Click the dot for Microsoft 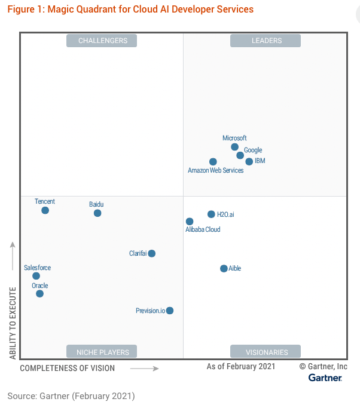tap(234, 147)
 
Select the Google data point tap(240, 155)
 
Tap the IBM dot tap(249, 161)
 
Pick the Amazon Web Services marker tap(213, 162)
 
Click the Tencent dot tap(45, 210)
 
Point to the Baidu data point tap(97, 213)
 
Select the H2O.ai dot tap(211, 214)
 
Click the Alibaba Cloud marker tap(190, 222)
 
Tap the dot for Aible tap(224, 269)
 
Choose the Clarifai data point tap(152, 253)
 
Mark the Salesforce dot tap(36, 276)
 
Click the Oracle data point tap(39, 293)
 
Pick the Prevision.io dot tap(170, 311)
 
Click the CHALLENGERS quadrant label tap(102, 41)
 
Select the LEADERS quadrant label tap(266, 41)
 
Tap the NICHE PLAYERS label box tap(102, 352)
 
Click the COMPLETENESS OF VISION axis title tap(67, 368)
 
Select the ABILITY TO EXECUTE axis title tap(13, 323)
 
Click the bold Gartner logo tap(325, 378)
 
